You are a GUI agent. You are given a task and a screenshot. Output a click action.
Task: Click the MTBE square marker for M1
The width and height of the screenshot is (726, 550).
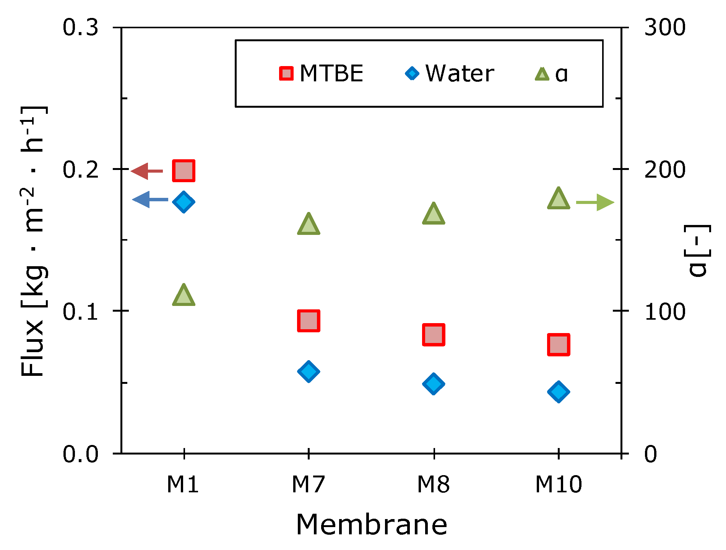(184, 170)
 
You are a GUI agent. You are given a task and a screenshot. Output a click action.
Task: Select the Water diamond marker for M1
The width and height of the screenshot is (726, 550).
(184, 202)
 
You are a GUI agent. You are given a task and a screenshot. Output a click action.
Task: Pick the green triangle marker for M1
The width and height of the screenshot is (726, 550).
(184, 296)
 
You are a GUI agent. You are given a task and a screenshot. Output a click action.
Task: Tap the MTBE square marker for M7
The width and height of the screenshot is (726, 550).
(309, 321)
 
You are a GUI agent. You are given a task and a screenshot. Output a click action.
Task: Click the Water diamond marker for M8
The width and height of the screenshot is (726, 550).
(434, 383)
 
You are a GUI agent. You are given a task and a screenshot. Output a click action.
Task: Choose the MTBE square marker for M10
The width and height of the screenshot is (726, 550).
(559, 344)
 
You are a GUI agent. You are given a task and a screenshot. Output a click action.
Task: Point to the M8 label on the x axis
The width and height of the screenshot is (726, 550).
(433, 485)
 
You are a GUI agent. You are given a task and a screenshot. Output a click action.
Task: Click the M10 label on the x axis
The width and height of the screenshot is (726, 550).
(559, 485)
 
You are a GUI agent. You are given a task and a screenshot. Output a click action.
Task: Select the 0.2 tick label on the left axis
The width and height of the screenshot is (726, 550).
(81, 170)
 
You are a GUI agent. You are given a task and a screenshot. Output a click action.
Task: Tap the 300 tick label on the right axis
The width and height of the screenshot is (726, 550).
(665, 28)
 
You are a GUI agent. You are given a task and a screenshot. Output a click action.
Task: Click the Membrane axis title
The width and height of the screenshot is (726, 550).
(372, 525)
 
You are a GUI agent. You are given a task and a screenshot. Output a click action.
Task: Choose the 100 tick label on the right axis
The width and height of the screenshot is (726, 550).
(665, 312)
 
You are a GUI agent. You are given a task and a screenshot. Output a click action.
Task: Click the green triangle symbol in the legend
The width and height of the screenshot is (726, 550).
(542, 74)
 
